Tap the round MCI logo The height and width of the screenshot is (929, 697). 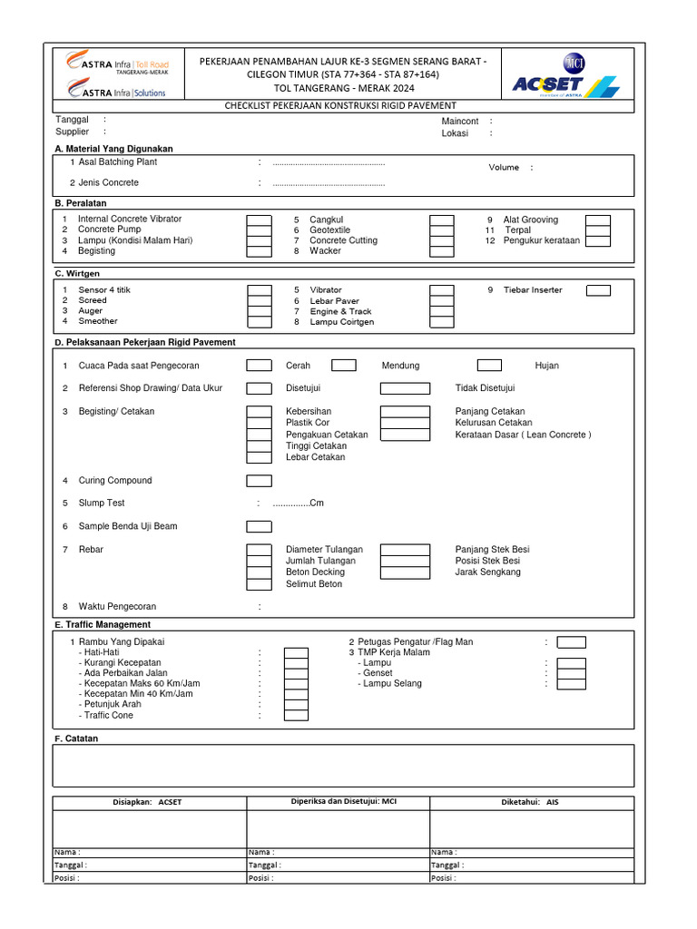574,63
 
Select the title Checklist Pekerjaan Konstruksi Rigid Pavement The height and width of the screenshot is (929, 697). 340,106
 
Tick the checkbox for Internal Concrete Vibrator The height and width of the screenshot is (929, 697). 260,220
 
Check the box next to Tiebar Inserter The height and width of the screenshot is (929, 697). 598,290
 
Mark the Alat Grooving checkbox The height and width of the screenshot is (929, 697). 598,220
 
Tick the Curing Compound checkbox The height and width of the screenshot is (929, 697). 260,481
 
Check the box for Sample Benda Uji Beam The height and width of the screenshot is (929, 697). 260,526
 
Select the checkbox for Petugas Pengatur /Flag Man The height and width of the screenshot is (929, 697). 572,642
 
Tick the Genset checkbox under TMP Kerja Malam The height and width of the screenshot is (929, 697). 572,674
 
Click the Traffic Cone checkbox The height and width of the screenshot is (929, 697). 296,716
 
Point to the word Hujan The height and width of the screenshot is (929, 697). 547,366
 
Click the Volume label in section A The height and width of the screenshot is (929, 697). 504,168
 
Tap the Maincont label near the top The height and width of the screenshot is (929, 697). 460,122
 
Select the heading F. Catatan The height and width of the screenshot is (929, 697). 76,738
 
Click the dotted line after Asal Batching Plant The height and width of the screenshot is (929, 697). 329,163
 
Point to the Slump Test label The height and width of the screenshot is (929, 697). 102,503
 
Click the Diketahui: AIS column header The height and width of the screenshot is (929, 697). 530,802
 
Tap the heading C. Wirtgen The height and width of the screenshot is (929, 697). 77,273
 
